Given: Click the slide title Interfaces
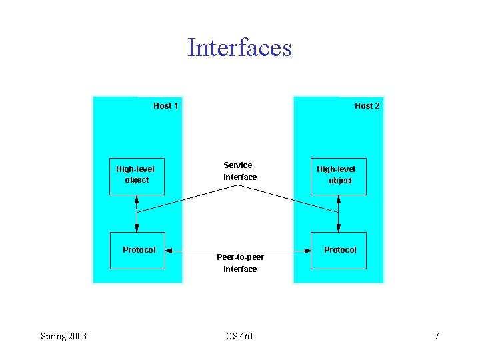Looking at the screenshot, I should coord(239,48).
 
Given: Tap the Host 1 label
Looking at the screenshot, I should coord(165,105).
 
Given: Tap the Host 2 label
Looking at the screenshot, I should coord(367,105).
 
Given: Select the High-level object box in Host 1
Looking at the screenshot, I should coord(137,176).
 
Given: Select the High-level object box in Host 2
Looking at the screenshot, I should coord(339,176).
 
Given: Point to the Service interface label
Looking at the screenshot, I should coord(239,171).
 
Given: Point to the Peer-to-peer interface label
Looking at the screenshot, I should coord(240,263).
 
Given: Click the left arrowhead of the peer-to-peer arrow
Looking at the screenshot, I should coord(168,251).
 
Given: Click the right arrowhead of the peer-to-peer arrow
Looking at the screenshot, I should coord(308,251).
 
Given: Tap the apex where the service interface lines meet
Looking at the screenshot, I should coord(239,185).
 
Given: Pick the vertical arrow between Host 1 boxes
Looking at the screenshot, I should coord(137,213).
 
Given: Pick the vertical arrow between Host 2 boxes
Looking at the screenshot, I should coord(339,213).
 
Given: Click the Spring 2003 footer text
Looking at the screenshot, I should coord(63,336).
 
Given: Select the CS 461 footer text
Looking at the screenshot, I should coord(239,336).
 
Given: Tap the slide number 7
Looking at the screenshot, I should coord(437,336).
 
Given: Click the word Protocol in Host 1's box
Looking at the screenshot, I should coord(139,250).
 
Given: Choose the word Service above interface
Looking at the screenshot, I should coord(238,165).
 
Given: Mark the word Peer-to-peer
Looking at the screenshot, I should coord(240,257).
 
